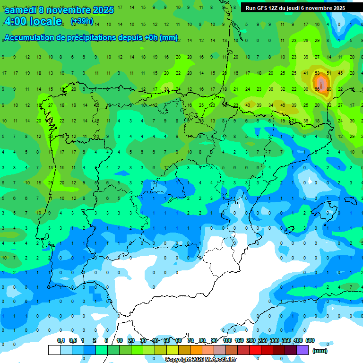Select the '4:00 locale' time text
(x=33, y=21)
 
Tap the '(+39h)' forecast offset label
(x=82, y=21)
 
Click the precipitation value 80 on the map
(x=328, y=89)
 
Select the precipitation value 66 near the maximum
(x=317, y=89)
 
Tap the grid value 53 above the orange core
(x=317, y=73)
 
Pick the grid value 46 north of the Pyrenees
(x=283, y=105)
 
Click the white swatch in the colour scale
(x=54, y=350)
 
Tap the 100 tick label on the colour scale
(x=227, y=341)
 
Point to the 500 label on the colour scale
(x=310, y=341)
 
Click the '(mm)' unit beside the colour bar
(x=320, y=351)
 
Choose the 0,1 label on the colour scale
(x=61, y=341)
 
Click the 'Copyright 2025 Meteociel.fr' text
(x=201, y=360)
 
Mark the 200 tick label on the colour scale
(x=251, y=341)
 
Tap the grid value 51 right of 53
(x=328, y=73)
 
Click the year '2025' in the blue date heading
(x=103, y=10)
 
